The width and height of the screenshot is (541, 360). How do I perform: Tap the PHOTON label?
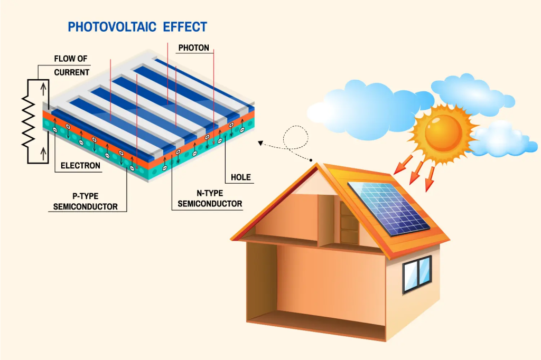click(x=193, y=48)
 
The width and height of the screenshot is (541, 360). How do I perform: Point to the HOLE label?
click(x=240, y=177)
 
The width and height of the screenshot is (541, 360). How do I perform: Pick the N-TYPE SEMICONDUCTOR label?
click(x=210, y=198)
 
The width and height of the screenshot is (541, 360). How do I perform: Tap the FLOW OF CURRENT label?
click(x=71, y=65)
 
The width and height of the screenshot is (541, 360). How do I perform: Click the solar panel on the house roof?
click(x=389, y=207)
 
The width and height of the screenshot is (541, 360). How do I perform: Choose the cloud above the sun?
click(x=470, y=92)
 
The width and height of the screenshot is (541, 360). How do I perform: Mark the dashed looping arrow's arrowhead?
click(x=260, y=142)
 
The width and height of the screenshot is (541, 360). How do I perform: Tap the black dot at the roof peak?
click(x=312, y=160)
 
